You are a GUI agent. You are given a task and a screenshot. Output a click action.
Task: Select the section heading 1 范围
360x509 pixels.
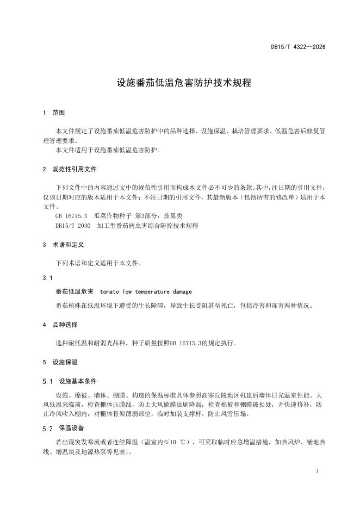[54, 113]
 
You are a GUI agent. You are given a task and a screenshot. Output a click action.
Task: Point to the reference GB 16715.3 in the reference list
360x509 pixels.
[71, 216]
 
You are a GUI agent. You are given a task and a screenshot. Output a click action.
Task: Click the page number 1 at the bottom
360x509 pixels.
[317, 470]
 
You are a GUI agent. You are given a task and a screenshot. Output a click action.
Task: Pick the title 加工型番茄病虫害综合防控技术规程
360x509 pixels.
[147, 225]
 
